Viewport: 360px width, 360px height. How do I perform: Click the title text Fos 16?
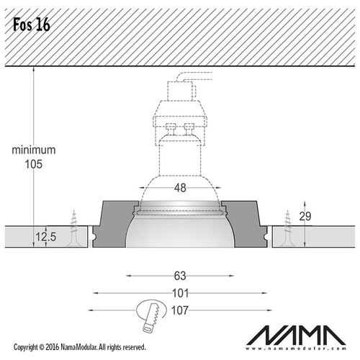32,24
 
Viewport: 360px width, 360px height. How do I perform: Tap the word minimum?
34,150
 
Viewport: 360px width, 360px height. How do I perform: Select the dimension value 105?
34,164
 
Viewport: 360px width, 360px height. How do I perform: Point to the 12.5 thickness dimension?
46,237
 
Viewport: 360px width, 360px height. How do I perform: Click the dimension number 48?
180,188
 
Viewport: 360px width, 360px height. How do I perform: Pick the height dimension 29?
305,216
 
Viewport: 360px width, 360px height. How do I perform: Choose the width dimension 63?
180,276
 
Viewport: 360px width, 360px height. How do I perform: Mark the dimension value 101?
181,293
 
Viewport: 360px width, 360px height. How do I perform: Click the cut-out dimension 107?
180,310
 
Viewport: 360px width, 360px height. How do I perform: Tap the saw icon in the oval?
151,315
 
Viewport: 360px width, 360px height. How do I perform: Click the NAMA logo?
296,335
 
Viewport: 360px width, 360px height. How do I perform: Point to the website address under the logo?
296,348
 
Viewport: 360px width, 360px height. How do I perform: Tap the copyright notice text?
80,347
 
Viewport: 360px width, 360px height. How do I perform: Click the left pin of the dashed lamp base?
171,130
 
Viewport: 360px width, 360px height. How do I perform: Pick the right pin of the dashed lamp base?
189,130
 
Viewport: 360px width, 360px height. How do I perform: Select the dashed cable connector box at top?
180,91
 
